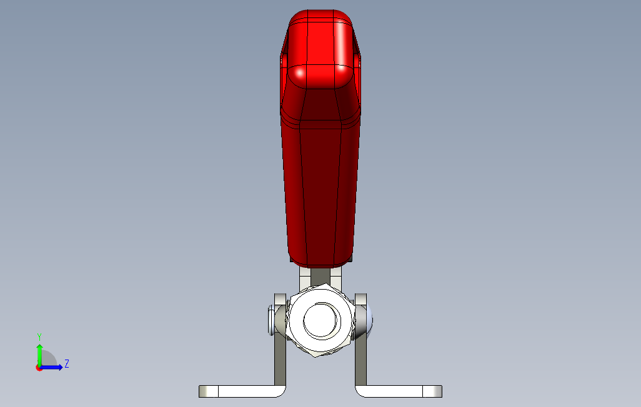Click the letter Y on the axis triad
tap(39, 336)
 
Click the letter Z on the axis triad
tap(67, 363)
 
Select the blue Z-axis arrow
tap(52, 367)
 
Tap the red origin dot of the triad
tap(39, 368)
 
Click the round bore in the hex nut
tap(321, 321)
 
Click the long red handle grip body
tap(320, 187)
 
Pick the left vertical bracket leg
tap(279, 362)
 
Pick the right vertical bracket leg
tap(360, 362)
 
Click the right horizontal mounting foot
tap(394, 391)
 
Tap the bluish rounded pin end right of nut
tap(369, 320)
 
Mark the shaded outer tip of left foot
tap(204, 391)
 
